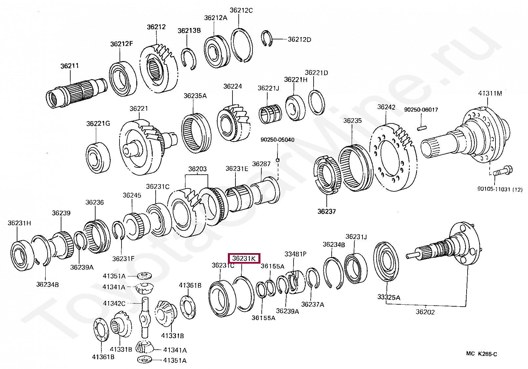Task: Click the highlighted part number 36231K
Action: tap(244, 258)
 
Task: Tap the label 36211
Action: tap(69, 66)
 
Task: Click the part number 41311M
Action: tap(490, 93)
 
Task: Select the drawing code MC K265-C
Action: tap(481, 354)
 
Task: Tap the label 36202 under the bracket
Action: tap(425, 312)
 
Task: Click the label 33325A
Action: tap(388, 297)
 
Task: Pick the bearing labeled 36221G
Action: tap(98, 158)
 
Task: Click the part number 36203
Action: tap(197, 169)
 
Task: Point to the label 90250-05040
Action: tap(277, 140)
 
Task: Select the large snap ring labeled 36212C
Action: tap(241, 45)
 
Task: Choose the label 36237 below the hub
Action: tap(326, 211)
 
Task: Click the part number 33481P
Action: tap(295, 254)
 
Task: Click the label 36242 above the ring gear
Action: tap(386, 107)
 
